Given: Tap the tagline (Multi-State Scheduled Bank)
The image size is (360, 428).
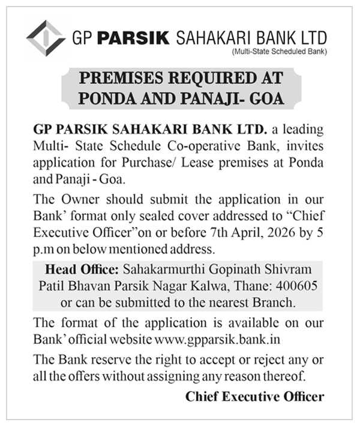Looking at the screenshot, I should point(279,52).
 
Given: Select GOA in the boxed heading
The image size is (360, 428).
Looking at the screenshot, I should point(265,97).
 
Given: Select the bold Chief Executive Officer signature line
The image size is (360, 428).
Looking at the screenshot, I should point(254,397).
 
